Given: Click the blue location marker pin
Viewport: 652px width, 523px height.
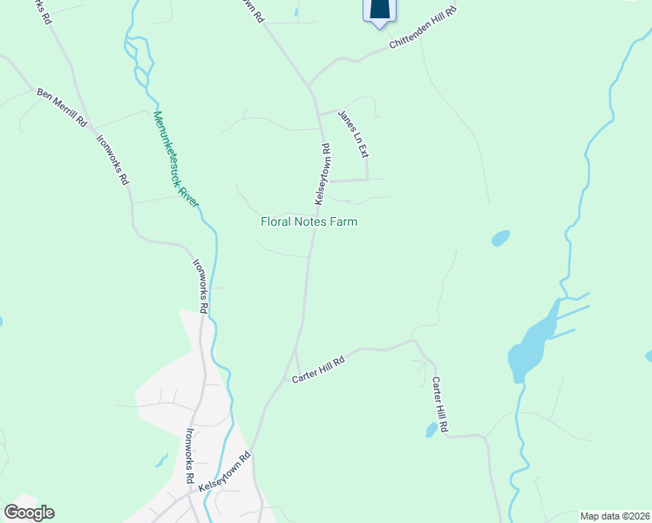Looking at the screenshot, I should tap(378, 10).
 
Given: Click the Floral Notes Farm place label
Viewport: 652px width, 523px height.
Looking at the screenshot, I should tap(309, 222).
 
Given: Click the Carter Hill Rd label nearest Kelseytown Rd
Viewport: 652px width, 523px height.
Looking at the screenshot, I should tap(319, 367).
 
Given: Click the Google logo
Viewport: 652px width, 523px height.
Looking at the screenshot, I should tap(29, 512).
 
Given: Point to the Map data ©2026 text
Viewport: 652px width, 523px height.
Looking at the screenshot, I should tap(614, 516).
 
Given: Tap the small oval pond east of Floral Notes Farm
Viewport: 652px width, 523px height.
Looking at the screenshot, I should tap(500, 238).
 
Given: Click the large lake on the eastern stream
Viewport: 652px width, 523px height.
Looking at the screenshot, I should tap(533, 343).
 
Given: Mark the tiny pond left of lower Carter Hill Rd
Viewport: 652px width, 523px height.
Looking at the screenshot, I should tap(431, 430).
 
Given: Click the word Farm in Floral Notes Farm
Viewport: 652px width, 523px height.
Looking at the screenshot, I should tap(342, 222).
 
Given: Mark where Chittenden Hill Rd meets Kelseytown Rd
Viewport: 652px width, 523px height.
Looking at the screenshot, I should tap(309, 85).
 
